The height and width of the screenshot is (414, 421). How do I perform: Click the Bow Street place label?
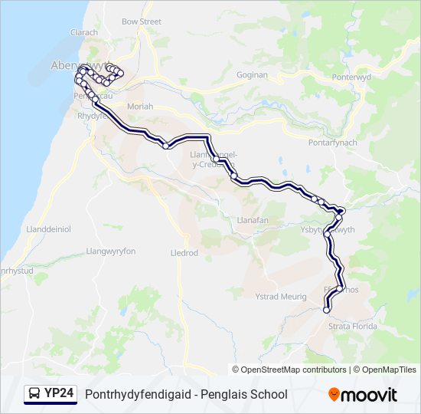(142, 22)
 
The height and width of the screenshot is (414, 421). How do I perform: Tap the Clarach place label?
(84, 33)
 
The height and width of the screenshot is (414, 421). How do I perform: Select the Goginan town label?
(252, 75)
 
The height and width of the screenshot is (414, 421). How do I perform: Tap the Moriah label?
(140, 106)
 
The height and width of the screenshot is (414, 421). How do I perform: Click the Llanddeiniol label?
(48, 228)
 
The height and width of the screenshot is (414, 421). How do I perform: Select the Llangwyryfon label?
(111, 251)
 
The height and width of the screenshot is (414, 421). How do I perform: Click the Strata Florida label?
(353, 327)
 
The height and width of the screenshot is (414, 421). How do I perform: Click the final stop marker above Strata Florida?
(327, 310)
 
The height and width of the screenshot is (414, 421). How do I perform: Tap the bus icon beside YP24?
(34, 394)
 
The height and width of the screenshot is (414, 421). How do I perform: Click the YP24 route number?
(59, 394)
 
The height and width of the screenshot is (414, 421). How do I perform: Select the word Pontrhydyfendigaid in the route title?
(135, 394)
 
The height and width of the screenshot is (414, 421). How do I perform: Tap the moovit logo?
(363, 395)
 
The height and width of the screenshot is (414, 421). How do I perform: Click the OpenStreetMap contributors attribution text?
(293, 370)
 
